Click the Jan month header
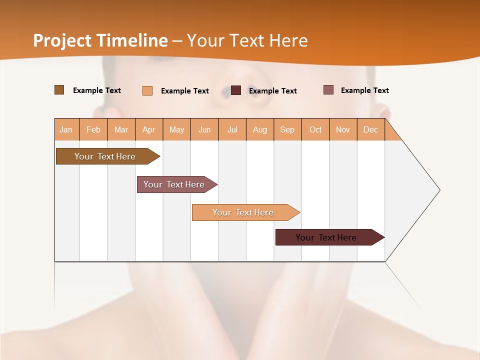66,129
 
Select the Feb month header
93,129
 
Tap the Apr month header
149,129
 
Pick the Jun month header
204,129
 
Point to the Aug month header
260,129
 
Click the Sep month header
287,129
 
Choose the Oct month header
315,129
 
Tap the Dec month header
371,129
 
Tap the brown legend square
59,90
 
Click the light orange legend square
147,90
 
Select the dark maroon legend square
236,90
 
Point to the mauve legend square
328,90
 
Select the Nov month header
343,129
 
